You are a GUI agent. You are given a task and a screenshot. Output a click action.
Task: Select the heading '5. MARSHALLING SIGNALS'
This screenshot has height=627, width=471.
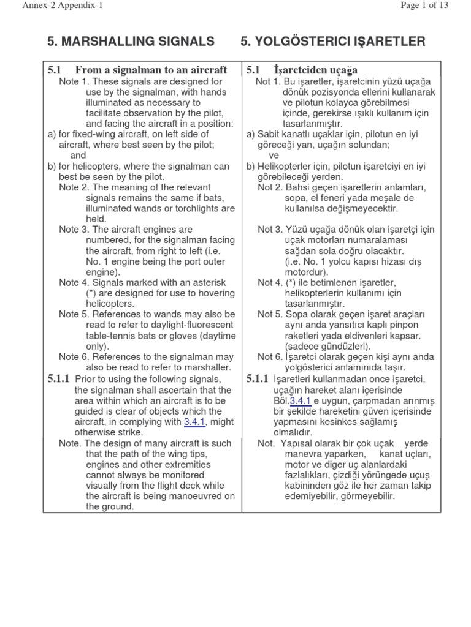coord(131,42)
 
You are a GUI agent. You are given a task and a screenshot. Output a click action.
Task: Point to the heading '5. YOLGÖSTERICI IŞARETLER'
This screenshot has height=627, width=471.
coord(332,42)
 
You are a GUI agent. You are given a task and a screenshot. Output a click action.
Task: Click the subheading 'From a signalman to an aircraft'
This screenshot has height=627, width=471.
coord(151,70)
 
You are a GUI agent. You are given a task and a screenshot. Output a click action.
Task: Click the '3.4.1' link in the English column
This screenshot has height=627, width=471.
coord(194,422)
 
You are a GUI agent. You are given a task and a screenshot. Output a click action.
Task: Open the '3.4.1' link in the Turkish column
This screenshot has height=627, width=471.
coord(301,400)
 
